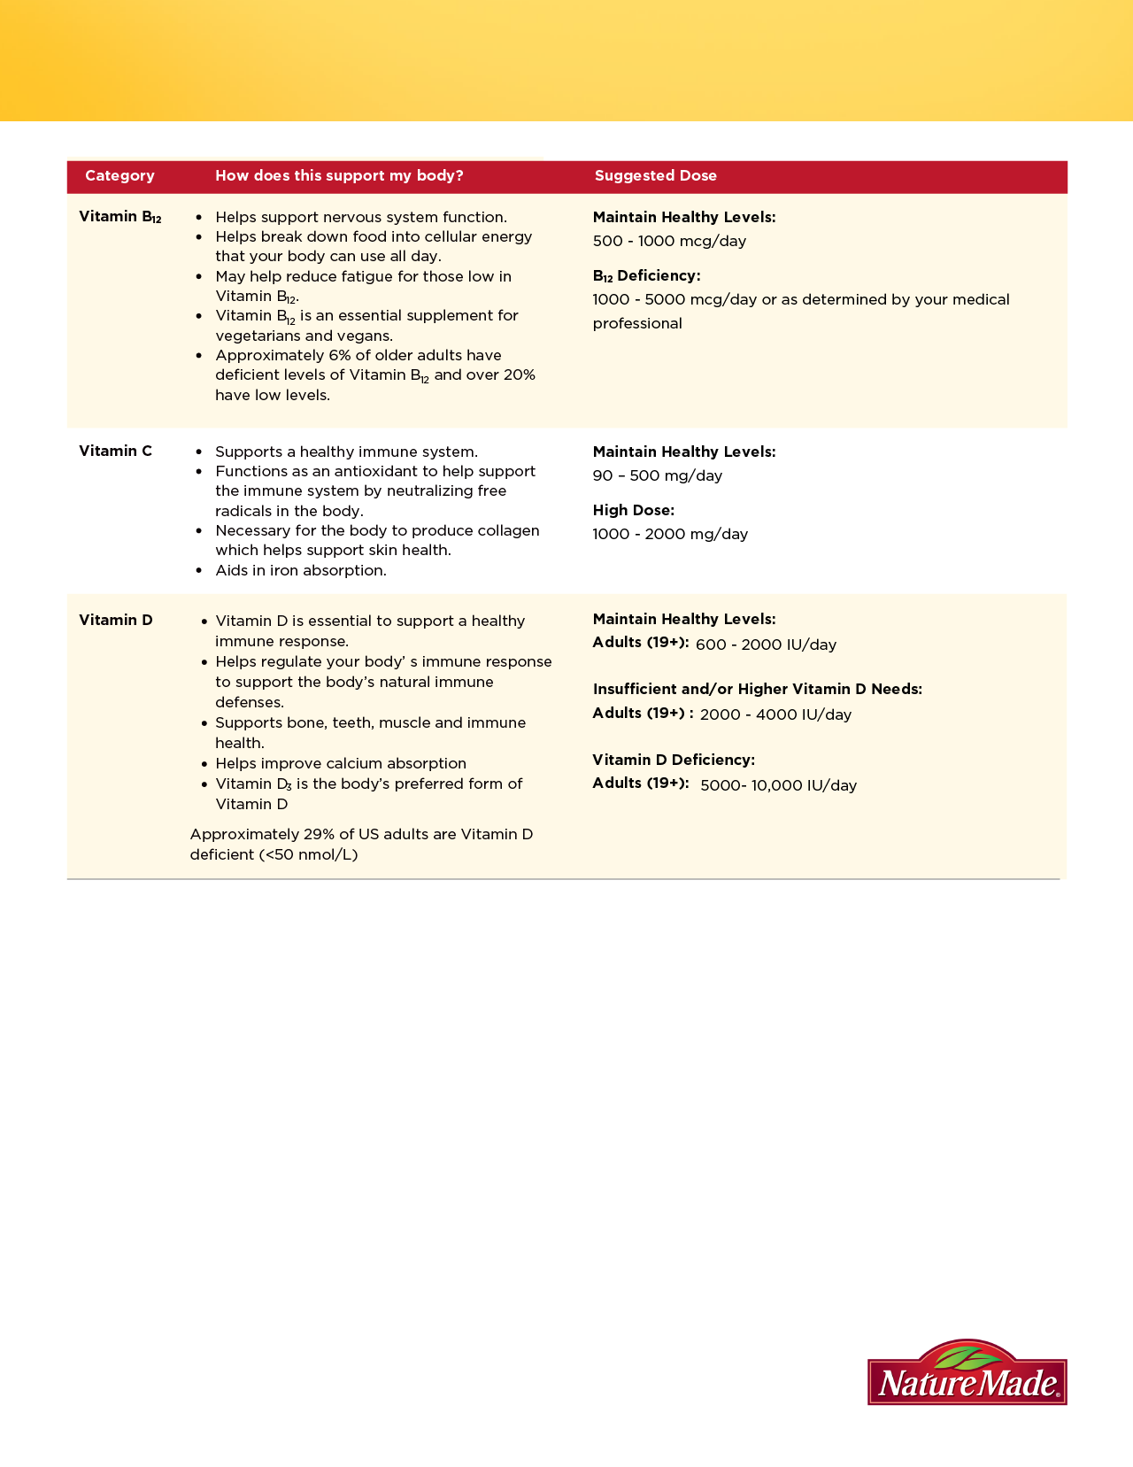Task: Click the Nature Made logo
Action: coord(967,1373)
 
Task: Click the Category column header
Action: coord(119,175)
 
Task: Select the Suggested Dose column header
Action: coord(655,175)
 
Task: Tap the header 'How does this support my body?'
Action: coord(339,175)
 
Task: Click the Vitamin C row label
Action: coord(115,451)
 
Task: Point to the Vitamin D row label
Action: coord(115,620)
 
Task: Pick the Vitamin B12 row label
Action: coord(119,217)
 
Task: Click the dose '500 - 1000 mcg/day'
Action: coord(669,241)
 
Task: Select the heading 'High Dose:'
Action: coord(633,510)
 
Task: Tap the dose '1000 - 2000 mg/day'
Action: coord(670,534)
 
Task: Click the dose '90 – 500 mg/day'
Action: coord(657,475)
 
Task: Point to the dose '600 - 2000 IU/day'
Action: coord(766,645)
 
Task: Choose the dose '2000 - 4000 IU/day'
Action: coord(775,714)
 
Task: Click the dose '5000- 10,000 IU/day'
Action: coord(778,785)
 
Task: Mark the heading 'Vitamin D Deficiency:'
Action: coord(673,760)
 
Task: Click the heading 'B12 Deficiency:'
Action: coord(646,276)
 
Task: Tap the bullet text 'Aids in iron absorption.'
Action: coord(301,570)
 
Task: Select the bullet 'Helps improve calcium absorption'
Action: coord(341,763)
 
